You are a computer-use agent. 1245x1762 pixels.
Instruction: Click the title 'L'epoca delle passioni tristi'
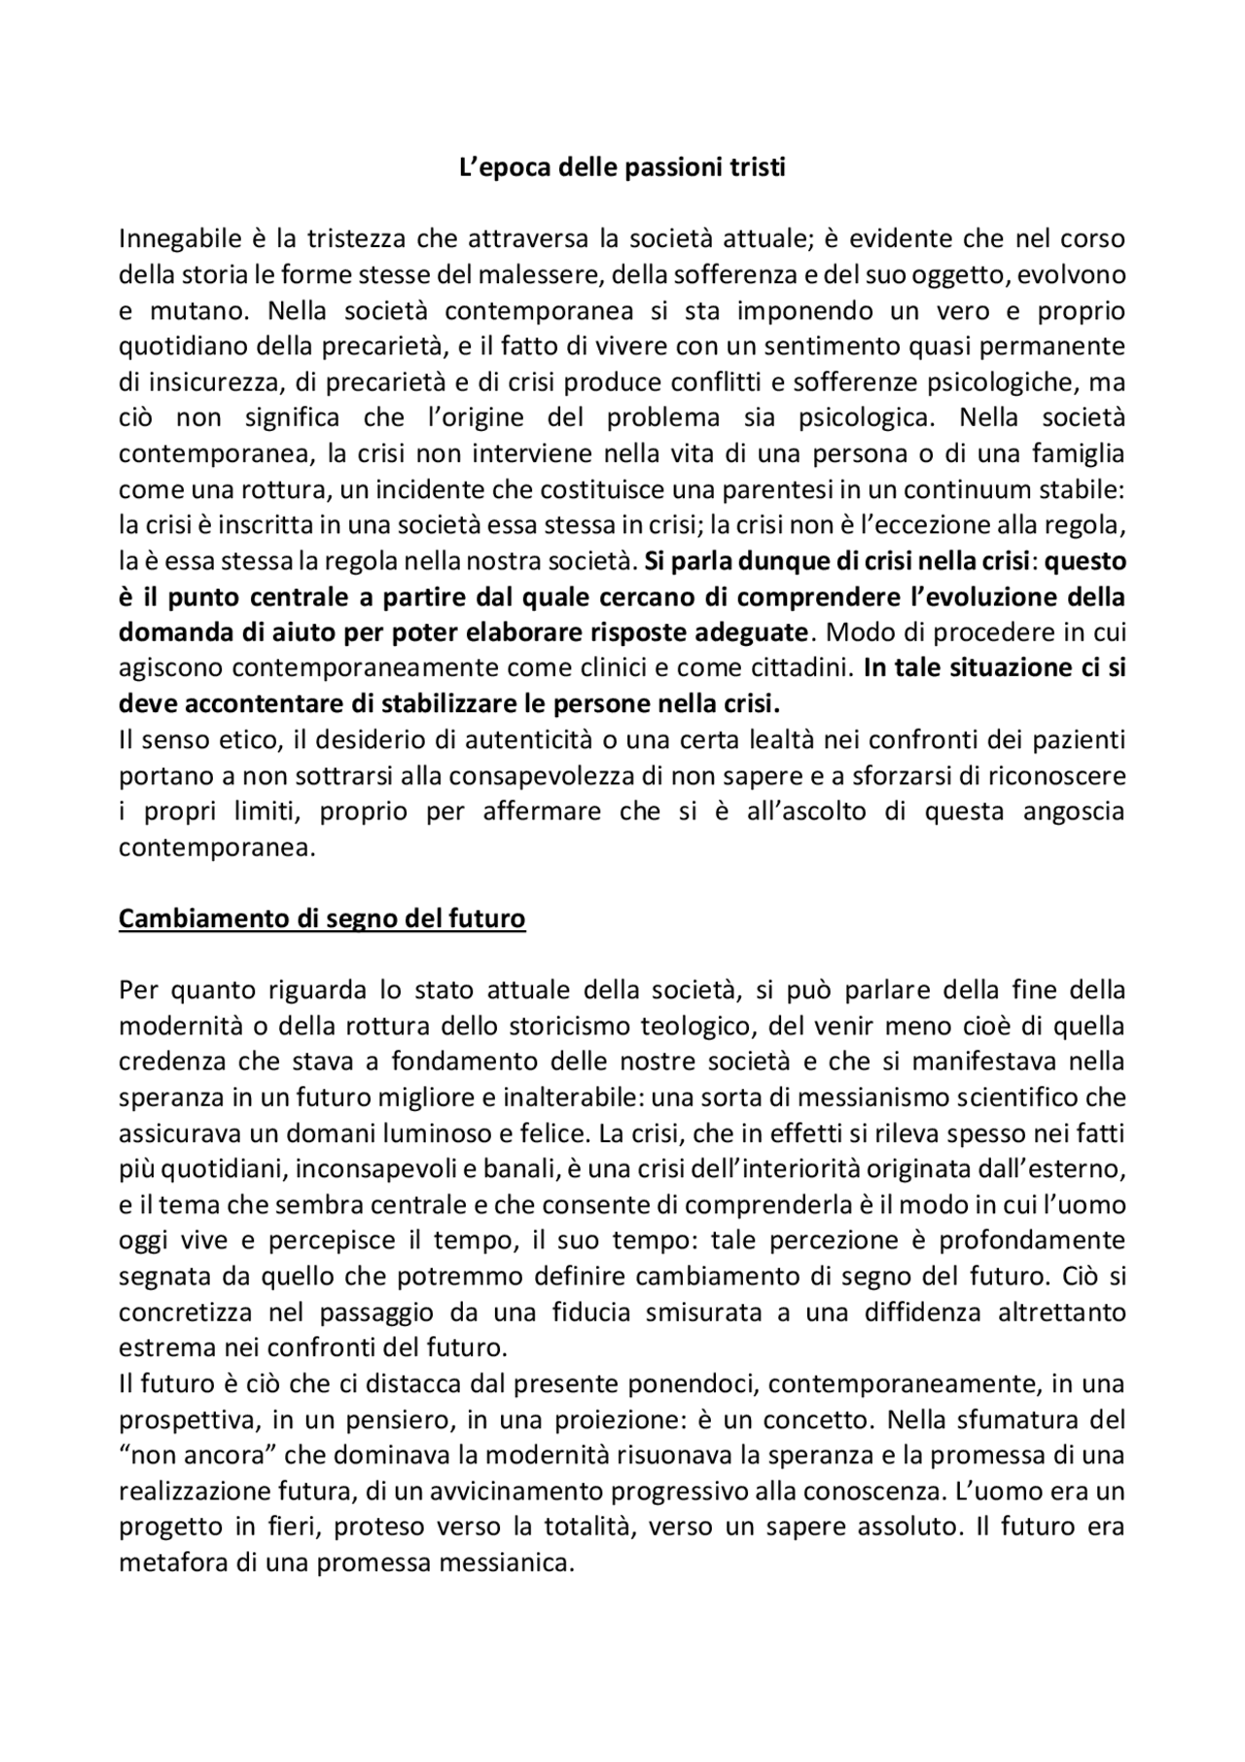click(x=622, y=167)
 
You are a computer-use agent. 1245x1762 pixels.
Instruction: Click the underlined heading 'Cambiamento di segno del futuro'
click(x=322, y=918)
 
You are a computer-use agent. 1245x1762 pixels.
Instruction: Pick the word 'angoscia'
click(x=1074, y=811)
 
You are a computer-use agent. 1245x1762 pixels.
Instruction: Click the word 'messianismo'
click(x=838, y=1097)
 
